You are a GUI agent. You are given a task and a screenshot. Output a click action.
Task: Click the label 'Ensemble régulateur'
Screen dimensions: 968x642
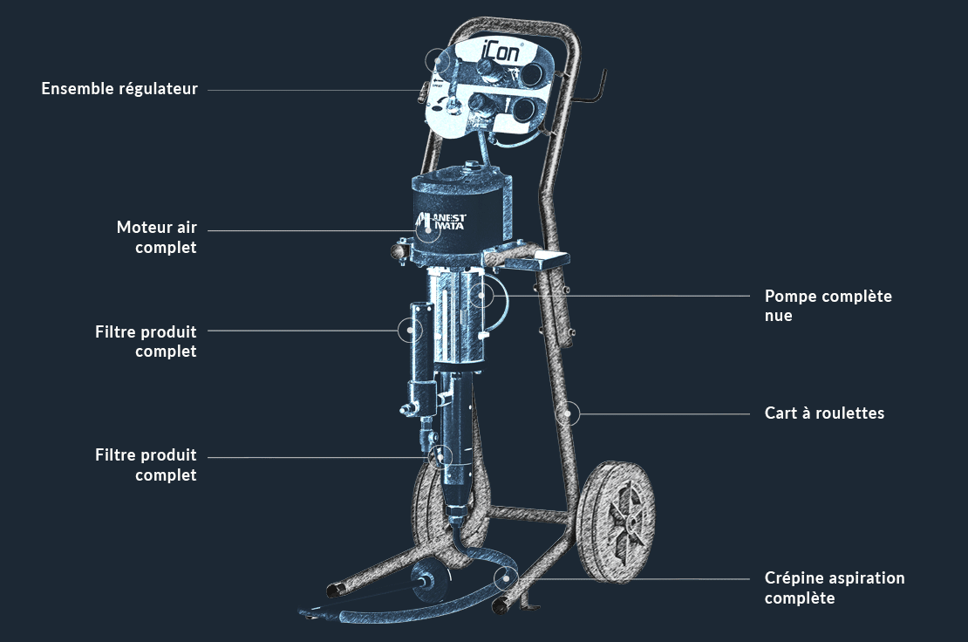[x=119, y=89]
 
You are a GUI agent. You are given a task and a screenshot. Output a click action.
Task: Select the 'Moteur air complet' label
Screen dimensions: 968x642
[x=157, y=237]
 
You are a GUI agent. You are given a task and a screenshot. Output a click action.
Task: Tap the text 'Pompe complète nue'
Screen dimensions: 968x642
[x=828, y=305]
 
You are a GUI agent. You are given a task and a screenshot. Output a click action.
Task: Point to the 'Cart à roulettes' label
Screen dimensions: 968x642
[x=824, y=413]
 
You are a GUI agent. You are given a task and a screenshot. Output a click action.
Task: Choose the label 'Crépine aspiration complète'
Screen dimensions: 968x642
[x=835, y=588]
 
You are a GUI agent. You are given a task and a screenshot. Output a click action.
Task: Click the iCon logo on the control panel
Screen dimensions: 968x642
[x=501, y=51]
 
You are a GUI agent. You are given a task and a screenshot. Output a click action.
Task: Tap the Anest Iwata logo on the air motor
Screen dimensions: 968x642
[x=440, y=221]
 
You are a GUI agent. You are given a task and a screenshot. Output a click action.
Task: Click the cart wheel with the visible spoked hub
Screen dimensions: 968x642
[x=615, y=522]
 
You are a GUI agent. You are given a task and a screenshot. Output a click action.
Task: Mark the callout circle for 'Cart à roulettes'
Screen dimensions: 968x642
[x=568, y=413]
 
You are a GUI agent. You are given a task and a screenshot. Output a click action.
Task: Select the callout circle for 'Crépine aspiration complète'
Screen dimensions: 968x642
[x=506, y=579]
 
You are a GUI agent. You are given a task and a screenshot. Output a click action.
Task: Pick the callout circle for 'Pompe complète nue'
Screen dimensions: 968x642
[x=481, y=296]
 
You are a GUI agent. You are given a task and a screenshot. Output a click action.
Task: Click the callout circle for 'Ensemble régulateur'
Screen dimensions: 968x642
[x=438, y=60]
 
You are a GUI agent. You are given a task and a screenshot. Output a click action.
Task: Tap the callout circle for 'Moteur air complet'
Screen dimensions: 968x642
[x=428, y=230]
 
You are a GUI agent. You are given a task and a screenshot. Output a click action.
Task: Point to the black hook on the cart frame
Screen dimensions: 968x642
[x=594, y=90]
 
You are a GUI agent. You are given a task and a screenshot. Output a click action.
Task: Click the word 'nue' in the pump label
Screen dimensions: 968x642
[x=779, y=316]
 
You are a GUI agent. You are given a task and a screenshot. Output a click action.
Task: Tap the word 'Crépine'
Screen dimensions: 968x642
[x=794, y=578]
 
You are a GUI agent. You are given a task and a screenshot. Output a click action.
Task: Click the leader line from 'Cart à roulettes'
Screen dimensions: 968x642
[x=665, y=413]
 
